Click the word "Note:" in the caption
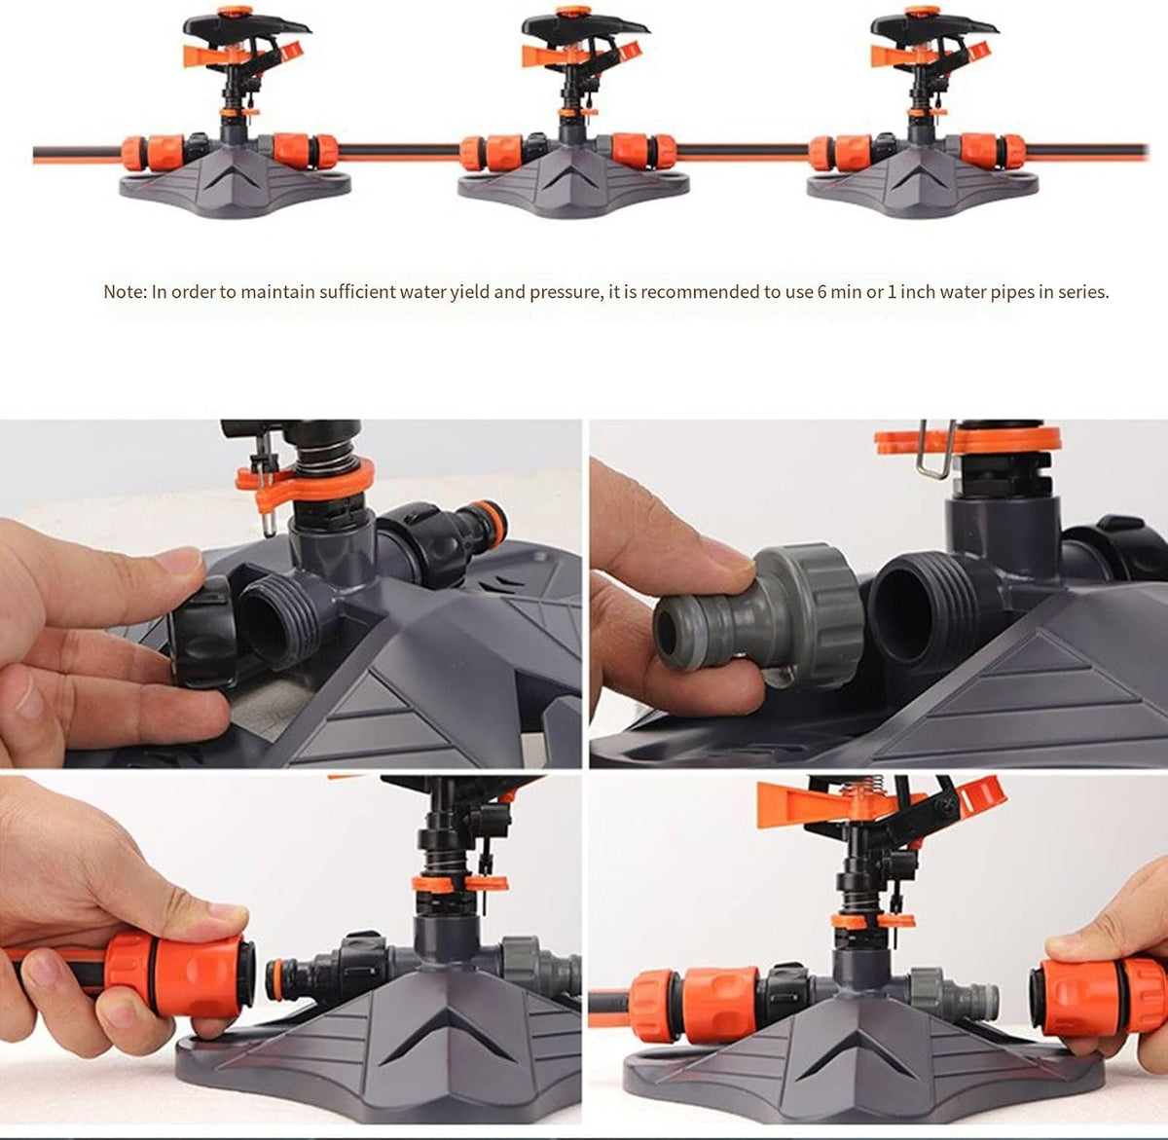click(125, 292)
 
